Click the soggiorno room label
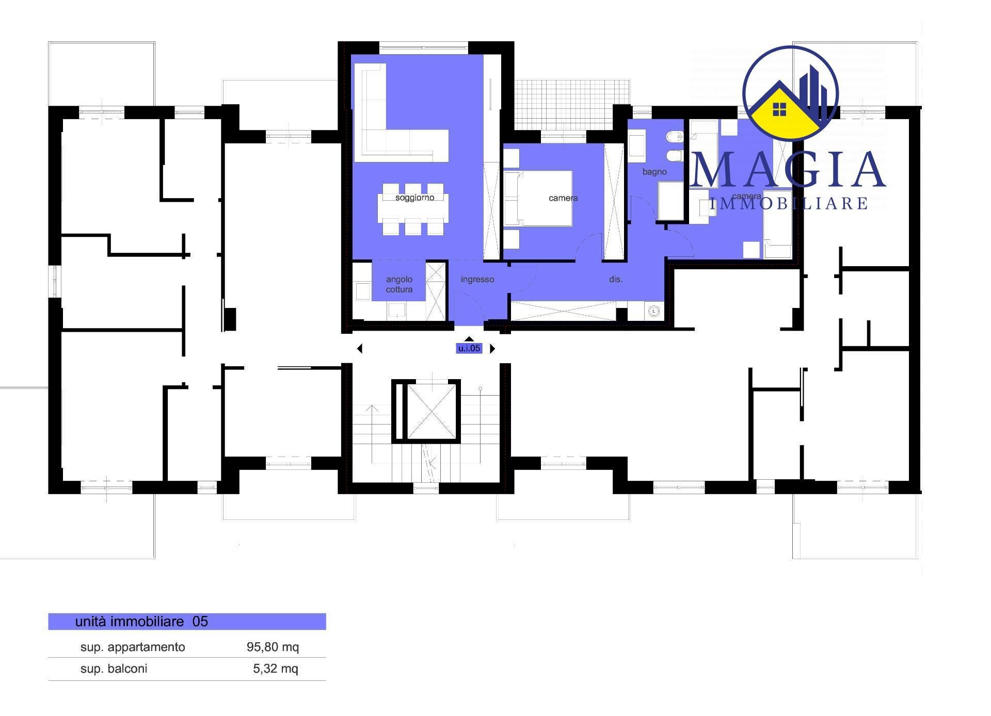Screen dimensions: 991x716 tap(414, 198)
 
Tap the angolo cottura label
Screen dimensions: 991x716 tap(399, 284)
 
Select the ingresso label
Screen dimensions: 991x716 tap(477, 280)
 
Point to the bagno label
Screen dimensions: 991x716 tap(654, 172)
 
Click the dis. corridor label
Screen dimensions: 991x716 tap(616, 280)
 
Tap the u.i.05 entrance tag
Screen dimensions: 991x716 tap(469, 348)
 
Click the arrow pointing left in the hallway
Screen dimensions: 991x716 tap(360, 349)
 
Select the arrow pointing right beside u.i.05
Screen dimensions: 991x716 tap(492, 349)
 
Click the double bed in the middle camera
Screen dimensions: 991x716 tap(538, 199)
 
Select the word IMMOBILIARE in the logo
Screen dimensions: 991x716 tap(789, 203)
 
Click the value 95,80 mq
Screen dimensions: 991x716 tap(273, 647)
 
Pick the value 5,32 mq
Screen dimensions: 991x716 tap(276, 669)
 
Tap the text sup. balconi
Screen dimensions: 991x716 tap(114, 669)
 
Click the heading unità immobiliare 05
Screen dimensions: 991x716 tap(141, 622)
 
